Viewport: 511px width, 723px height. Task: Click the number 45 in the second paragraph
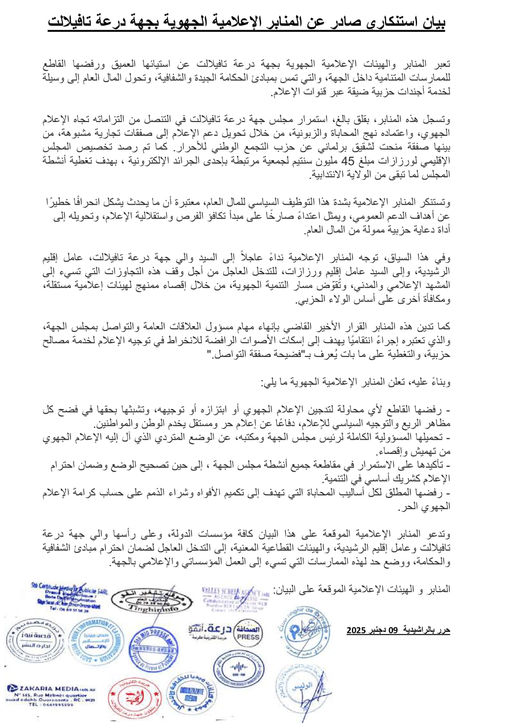[x=348, y=161]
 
